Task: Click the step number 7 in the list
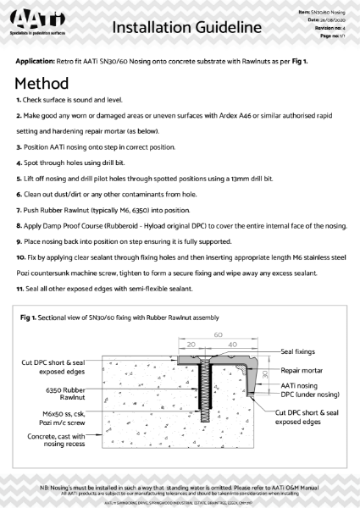click(18, 206)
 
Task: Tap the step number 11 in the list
click(19, 290)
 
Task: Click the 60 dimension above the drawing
click(219, 334)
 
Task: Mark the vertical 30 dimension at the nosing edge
click(265, 373)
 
